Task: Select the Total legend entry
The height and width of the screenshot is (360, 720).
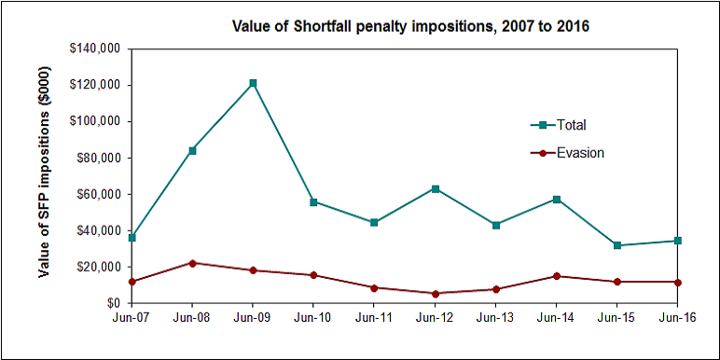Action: pyautogui.click(x=570, y=125)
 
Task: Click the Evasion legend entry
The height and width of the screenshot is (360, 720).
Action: pyautogui.click(x=579, y=153)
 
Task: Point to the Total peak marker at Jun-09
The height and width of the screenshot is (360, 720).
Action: pyautogui.click(x=253, y=83)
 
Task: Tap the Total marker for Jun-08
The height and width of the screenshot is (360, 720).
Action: pyautogui.click(x=192, y=150)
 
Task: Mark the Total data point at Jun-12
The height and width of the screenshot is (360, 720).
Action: pyautogui.click(x=435, y=188)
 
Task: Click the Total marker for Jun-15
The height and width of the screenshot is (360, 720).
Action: pyautogui.click(x=617, y=245)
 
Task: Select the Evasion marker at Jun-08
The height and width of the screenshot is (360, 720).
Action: pyautogui.click(x=192, y=263)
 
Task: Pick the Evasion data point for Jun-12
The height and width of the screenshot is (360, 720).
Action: pyautogui.click(x=435, y=294)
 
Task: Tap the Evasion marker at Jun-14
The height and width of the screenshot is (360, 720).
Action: pyautogui.click(x=557, y=276)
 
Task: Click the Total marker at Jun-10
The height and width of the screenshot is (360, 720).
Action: pyautogui.click(x=313, y=201)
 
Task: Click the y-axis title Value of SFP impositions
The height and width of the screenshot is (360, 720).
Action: pyautogui.click(x=44, y=176)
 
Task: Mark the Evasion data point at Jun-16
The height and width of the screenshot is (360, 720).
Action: pyautogui.click(x=678, y=282)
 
